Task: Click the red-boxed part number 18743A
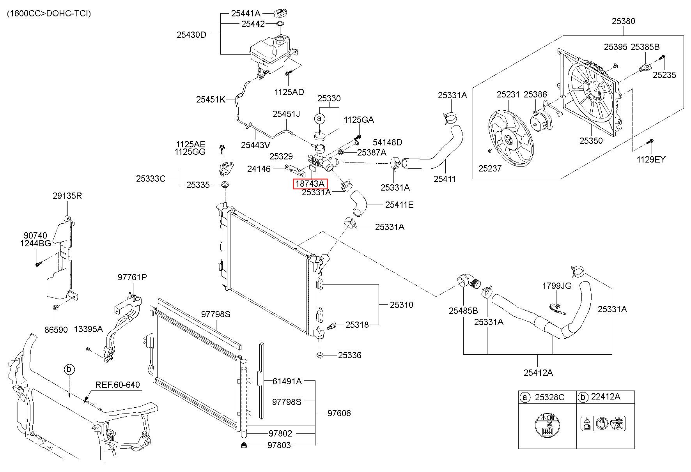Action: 310,184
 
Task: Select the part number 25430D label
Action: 191,35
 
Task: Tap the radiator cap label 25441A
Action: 245,13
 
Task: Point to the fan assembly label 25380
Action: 623,21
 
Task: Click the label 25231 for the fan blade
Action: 508,94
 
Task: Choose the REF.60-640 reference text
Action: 117,385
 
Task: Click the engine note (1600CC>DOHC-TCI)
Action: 49,14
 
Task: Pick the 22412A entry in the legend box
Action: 606,397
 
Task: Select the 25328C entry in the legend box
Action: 549,397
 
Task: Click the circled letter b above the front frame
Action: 69,369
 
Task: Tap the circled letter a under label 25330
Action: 319,118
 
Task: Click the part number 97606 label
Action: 339,413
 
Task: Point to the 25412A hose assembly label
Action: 538,373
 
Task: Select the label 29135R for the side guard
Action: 67,196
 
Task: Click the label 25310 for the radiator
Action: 402,305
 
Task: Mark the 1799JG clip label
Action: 556,286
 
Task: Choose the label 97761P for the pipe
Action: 132,277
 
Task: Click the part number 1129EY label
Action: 651,159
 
